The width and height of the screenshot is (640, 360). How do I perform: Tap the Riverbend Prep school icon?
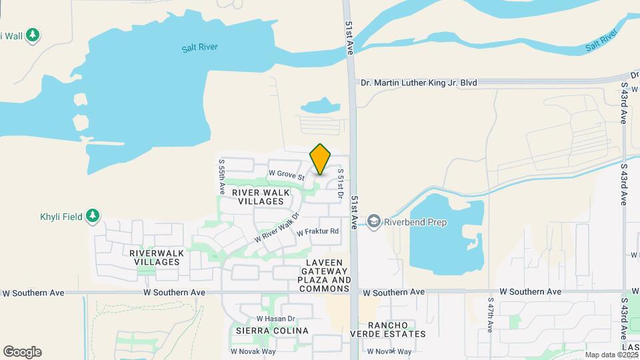[374, 222]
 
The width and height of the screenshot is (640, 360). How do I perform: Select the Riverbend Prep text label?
[415, 223]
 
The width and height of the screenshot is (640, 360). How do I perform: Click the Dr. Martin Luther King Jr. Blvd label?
[419, 83]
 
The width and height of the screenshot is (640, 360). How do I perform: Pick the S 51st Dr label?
[340, 184]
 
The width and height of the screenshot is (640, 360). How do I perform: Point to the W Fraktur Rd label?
[318, 232]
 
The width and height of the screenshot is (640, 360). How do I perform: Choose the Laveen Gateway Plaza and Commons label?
[325, 272]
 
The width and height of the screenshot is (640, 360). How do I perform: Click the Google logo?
[22, 352]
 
